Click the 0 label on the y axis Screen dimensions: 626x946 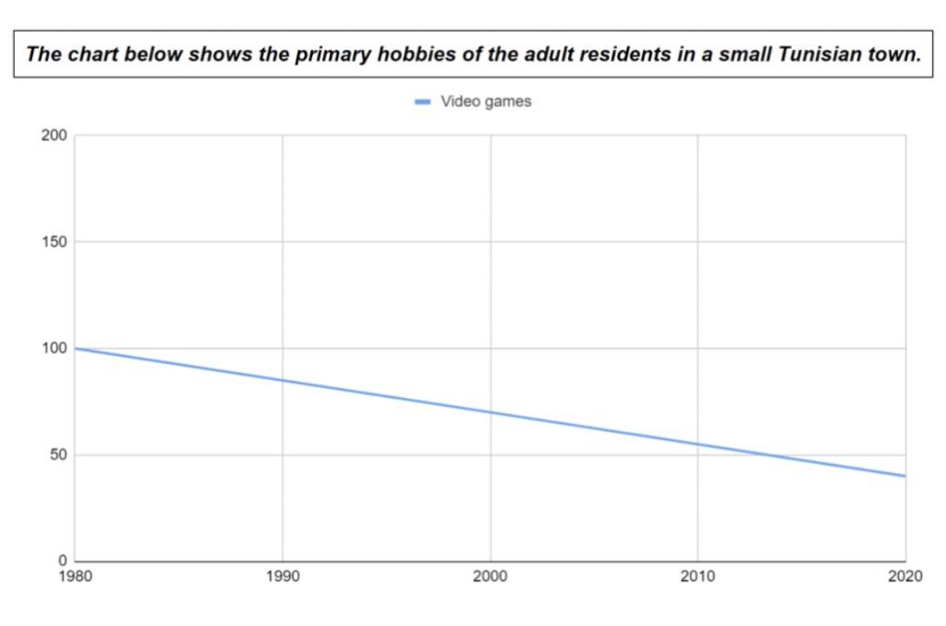coord(62,561)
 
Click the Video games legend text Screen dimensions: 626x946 coord(486,102)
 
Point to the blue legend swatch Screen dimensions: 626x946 coord(422,103)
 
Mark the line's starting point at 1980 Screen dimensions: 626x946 coord(76,349)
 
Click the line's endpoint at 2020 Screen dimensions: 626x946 coord(904,476)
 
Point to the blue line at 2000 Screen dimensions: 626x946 coord(490,412)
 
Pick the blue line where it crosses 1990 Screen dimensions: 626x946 coord(283,380)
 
